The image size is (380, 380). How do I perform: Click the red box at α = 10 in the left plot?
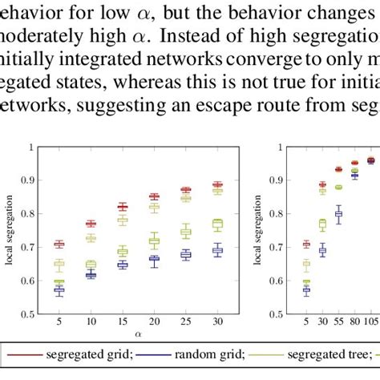[91, 224]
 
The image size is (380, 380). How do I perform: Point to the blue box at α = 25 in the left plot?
[185, 255]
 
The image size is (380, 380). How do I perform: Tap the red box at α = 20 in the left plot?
[154, 196]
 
